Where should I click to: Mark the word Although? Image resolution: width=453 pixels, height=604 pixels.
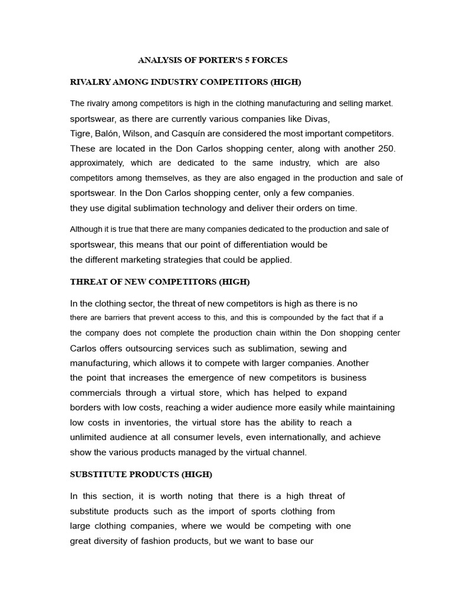pyautogui.click(x=87, y=229)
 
